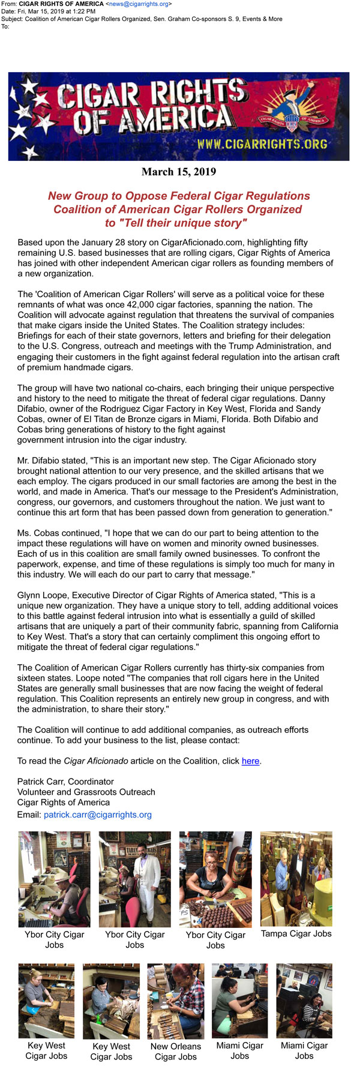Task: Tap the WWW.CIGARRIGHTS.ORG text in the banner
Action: (262, 144)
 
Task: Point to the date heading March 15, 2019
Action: (179, 172)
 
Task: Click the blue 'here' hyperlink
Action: (250, 761)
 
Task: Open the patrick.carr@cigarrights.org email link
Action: (97, 815)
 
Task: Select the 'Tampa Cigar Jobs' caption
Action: (296, 933)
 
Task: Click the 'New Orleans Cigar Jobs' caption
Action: (175, 1051)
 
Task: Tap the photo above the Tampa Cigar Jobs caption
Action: (296, 878)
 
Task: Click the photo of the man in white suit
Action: (134, 878)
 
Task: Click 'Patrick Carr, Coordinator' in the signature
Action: (65, 781)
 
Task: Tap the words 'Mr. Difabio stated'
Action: (53, 460)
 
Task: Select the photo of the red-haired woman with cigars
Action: (215, 878)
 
